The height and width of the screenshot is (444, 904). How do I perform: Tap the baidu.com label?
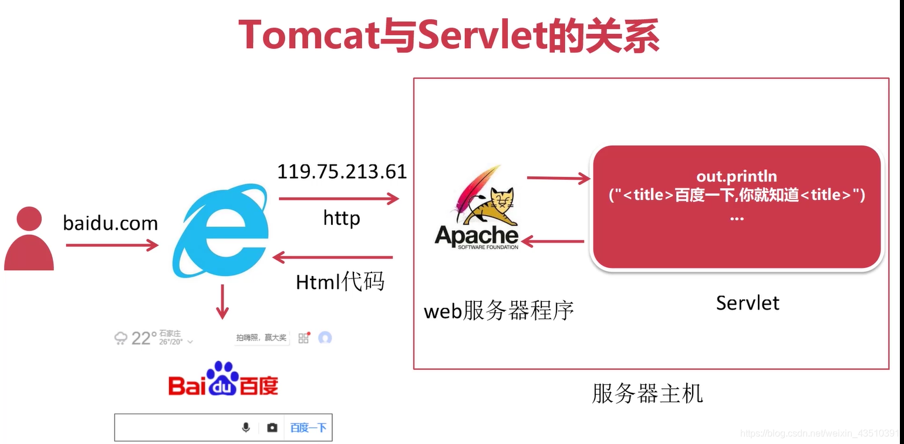(110, 223)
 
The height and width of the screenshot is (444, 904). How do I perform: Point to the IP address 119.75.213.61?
(342, 171)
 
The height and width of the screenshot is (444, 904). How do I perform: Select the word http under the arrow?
(341, 218)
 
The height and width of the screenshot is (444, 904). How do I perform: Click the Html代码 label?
(340, 282)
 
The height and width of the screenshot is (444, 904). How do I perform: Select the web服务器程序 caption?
(498, 310)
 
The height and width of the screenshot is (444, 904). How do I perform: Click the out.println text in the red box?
(736, 176)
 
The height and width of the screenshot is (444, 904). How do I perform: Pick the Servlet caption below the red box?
(747, 303)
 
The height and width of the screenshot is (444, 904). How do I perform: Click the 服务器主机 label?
(647, 393)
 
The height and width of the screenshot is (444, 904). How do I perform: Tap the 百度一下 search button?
(308, 428)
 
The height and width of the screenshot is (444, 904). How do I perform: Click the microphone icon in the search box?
(246, 428)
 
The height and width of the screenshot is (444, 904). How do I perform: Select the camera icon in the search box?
(272, 428)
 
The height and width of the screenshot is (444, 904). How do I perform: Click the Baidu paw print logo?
(223, 376)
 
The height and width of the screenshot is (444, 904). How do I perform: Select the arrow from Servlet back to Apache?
(552, 241)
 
